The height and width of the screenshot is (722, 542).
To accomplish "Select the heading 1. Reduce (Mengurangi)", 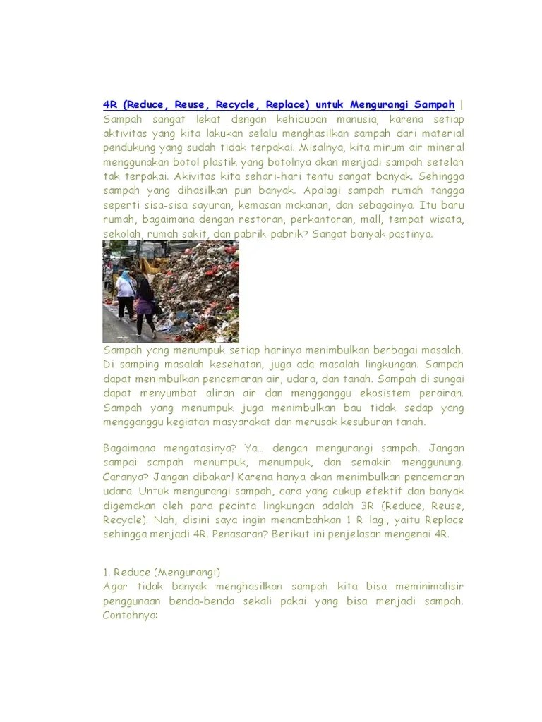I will coord(162,573).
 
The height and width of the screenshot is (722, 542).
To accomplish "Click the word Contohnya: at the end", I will coord(131,616).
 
